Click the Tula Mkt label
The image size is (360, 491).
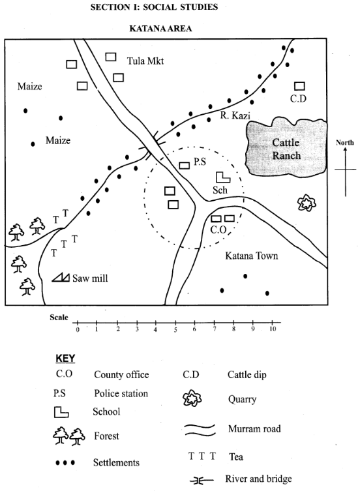pos(145,61)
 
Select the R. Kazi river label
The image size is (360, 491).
pos(235,115)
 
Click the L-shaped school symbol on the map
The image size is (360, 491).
pos(223,177)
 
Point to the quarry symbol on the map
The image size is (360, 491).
pos(307,203)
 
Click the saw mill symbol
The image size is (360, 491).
pos(61,277)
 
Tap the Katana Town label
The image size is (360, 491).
pos(252,256)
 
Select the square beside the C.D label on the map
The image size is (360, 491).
pos(299,86)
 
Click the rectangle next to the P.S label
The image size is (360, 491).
pos(184,166)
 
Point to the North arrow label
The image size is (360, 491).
pos(344,143)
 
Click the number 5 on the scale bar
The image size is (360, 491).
pos(175,330)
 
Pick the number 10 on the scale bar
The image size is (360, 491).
pos(273,329)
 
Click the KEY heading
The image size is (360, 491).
pos(65,358)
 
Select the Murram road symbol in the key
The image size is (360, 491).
pos(200,430)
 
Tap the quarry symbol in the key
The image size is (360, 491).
pos(192,398)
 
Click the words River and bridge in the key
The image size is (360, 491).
pos(258,479)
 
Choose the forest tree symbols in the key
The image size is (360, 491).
pos(69,436)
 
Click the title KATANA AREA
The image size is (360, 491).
pos(160,29)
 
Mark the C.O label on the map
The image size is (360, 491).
pos(218,230)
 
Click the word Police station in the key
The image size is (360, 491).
pos(121,393)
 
